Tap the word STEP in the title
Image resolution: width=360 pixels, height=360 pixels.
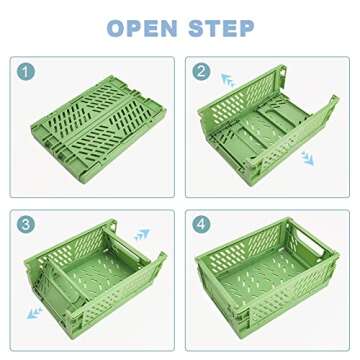(222, 27)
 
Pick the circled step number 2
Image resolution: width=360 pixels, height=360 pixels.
(201, 73)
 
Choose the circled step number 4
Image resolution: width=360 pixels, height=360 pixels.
(201, 226)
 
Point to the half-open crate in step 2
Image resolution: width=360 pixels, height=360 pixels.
(268, 125)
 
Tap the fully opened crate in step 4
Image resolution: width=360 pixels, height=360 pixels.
(268, 280)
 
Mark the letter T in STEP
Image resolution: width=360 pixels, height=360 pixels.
(213, 27)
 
